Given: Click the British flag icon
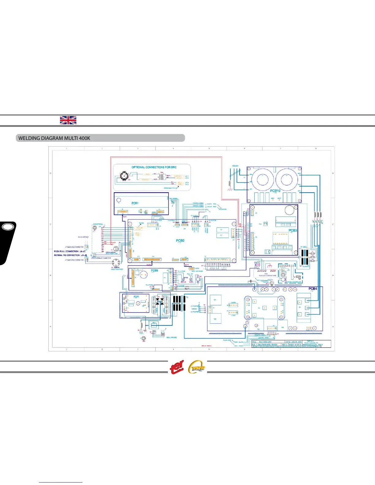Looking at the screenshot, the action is tap(68, 120).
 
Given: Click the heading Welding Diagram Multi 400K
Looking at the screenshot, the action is tap(54, 138).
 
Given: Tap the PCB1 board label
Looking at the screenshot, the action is tap(135, 203).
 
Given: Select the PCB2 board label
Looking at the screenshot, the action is tap(180, 241).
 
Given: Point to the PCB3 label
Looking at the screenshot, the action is tap(293, 231).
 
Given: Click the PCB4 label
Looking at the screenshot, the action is tap(312, 289).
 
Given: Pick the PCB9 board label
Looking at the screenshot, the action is tap(154, 271).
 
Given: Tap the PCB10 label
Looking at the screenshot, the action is tap(275, 191).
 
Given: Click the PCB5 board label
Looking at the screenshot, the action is tap(136, 296).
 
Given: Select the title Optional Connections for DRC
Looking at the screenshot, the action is tap(154, 167).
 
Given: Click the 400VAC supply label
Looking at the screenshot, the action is tap(235, 166).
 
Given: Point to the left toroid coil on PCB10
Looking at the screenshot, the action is tap(263, 179).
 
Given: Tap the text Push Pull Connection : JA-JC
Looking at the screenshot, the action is tap(70, 251).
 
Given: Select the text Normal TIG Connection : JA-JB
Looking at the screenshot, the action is tap(70, 255).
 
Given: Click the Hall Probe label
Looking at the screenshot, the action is tap(172, 337).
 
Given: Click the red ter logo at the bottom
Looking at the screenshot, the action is tap(177, 367).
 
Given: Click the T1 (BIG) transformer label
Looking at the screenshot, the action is tap(303, 247).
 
